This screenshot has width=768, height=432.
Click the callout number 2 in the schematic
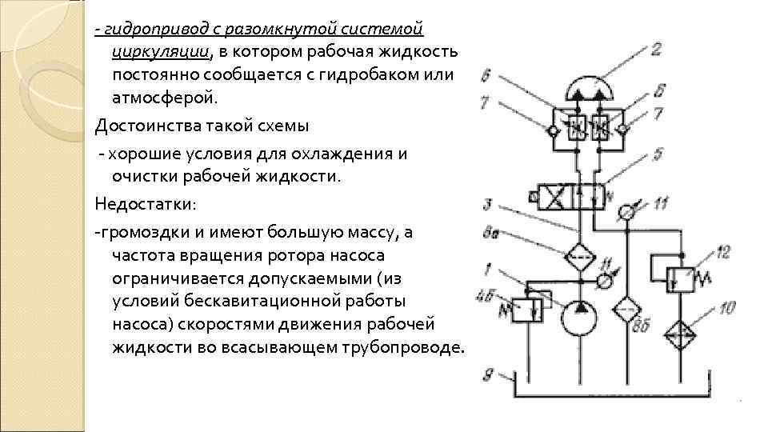[x=655, y=50]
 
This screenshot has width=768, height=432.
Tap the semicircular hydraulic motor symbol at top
[x=593, y=87]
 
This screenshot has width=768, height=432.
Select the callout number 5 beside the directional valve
[x=657, y=151]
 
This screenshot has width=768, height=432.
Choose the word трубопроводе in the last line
[x=406, y=349]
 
